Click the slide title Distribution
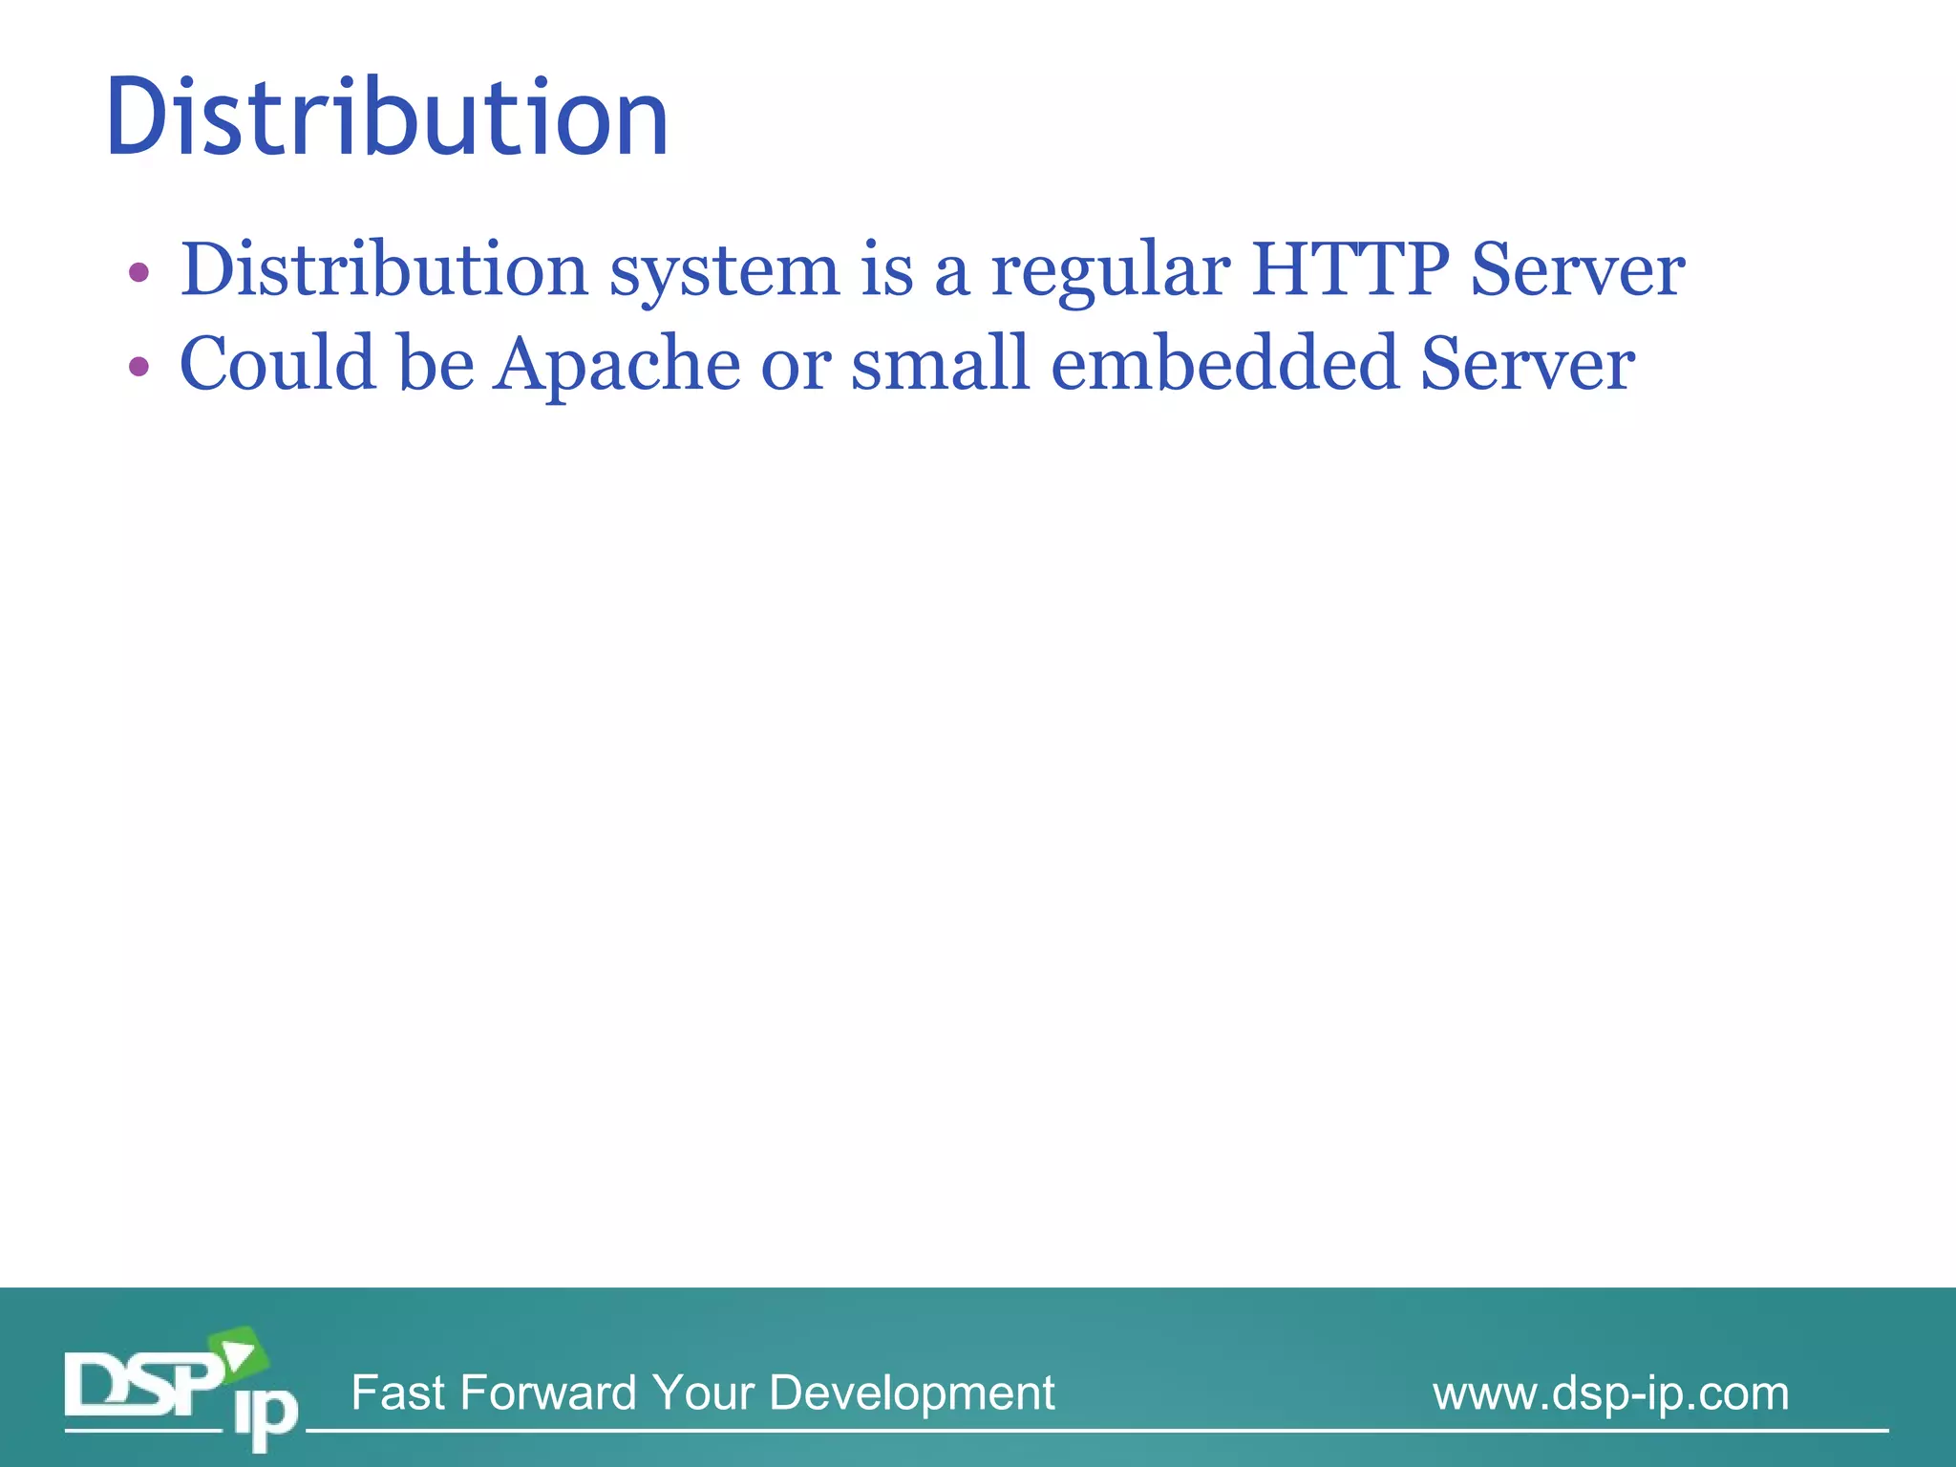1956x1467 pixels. [x=387, y=117]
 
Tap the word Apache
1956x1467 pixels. [x=616, y=365]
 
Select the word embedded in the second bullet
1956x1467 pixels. [x=1224, y=365]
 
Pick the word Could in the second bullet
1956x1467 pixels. [x=278, y=365]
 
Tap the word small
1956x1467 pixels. [x=941, y=365]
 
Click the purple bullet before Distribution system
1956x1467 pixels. [x=138, y=273]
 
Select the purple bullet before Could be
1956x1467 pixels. [x=138, y=367]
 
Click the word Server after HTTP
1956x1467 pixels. [x=1577, y=270]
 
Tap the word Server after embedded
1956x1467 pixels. [x=1527, y=365]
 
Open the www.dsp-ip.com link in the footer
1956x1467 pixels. [x=1610, y=1393]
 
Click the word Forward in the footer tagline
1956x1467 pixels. [x=547, y=1393]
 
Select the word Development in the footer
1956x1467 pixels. [x=911, y=1393]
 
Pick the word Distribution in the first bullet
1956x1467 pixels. [x=384, y=270]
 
